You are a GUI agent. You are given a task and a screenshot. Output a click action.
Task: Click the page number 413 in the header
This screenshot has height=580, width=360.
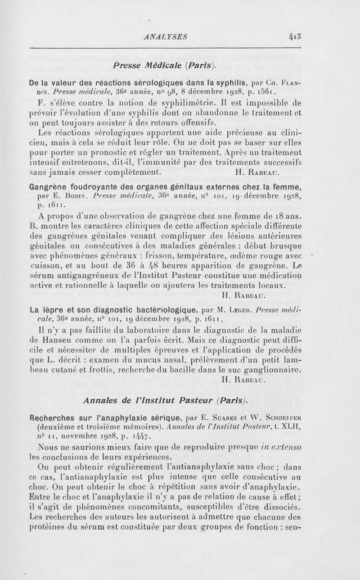(292, 36)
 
